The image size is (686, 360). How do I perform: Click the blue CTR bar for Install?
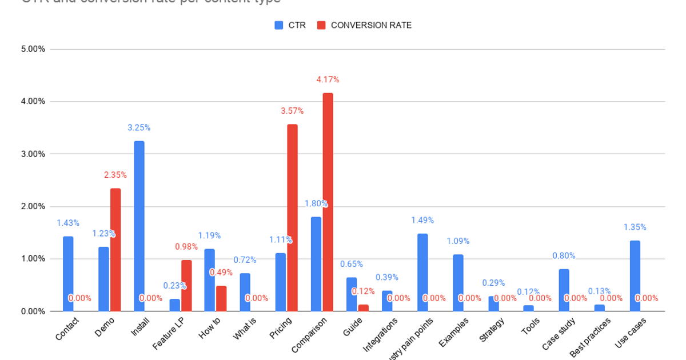pos(139,226)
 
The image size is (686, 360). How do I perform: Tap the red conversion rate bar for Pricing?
pos(292,217)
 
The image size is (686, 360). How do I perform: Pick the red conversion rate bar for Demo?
pos(115,249)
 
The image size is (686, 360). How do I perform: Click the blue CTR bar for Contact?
pos(68,273)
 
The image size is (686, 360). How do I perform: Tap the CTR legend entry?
pos(290,25)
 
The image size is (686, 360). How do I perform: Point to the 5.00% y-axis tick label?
pos(33,49)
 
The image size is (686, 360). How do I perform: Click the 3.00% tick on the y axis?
pos(33,154)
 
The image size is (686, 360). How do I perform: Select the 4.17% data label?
pos(328,79)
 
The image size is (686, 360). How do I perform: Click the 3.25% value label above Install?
pos(139,127)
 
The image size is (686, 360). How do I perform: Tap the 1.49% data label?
pos(422,220)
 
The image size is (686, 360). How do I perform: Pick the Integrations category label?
pos(381,335)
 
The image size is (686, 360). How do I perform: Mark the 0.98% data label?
pos(186,247)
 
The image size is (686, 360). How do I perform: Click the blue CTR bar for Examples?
pos(458,282)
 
